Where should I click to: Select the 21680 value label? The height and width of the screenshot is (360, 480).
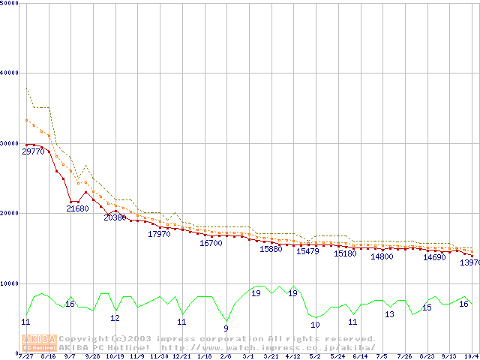tap(77, 208)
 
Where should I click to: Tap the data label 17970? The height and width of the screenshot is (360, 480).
tap(159, 234)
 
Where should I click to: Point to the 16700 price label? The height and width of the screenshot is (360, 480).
tap(211, 243)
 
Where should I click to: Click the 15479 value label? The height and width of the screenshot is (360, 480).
tap(307, 251)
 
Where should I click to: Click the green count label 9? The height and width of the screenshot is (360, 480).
tap(226, 328)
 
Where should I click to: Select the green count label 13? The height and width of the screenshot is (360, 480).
tap(389, 314)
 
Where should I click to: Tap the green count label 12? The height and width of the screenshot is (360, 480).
tap(115, 318)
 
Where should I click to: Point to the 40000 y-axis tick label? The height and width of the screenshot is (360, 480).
tap(9, 73)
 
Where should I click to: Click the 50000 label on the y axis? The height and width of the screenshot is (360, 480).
tap(9, 3)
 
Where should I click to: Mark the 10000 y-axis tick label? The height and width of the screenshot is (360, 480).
tap(9, 283)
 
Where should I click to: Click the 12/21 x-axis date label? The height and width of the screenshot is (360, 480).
tap(181, 356)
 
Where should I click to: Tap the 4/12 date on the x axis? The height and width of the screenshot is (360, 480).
tap(292, 356)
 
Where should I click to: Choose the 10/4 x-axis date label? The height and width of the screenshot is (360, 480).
tap(471, 356)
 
